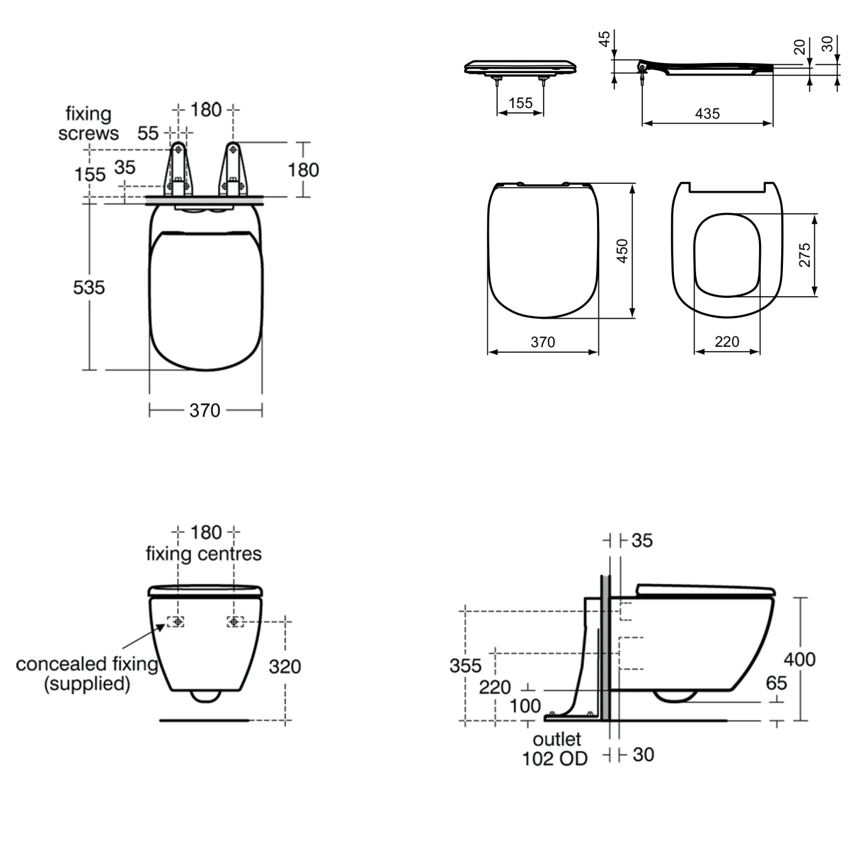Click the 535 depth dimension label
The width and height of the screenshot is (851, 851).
(89, 288)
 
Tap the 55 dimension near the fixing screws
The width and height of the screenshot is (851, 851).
(148, 133)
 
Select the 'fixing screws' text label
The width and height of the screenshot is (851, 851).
(89, 124)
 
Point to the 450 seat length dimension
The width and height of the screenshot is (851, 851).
(622, 251)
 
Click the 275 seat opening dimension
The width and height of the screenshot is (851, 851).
(804, 255)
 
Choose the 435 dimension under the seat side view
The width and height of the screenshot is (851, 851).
(707, 114)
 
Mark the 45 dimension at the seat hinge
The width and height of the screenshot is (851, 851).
(605, 39)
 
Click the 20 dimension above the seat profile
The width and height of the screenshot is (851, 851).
(799, 47)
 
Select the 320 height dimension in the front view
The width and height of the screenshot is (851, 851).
(285, 667)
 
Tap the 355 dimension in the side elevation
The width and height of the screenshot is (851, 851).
(465, 665)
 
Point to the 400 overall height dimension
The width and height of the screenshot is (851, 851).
(799, 659)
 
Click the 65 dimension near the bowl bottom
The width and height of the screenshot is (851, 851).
(776, 683)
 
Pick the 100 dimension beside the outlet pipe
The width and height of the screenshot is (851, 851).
(525, 706)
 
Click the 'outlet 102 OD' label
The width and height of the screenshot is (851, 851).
(555, 749)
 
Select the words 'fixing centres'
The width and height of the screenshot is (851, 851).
(204, 554)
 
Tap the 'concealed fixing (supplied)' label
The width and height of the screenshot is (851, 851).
(87, 673)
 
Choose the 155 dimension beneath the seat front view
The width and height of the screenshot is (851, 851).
(520, 103)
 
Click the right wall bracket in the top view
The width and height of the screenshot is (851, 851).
(233, 169)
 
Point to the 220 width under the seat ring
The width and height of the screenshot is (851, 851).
(727, 342)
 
